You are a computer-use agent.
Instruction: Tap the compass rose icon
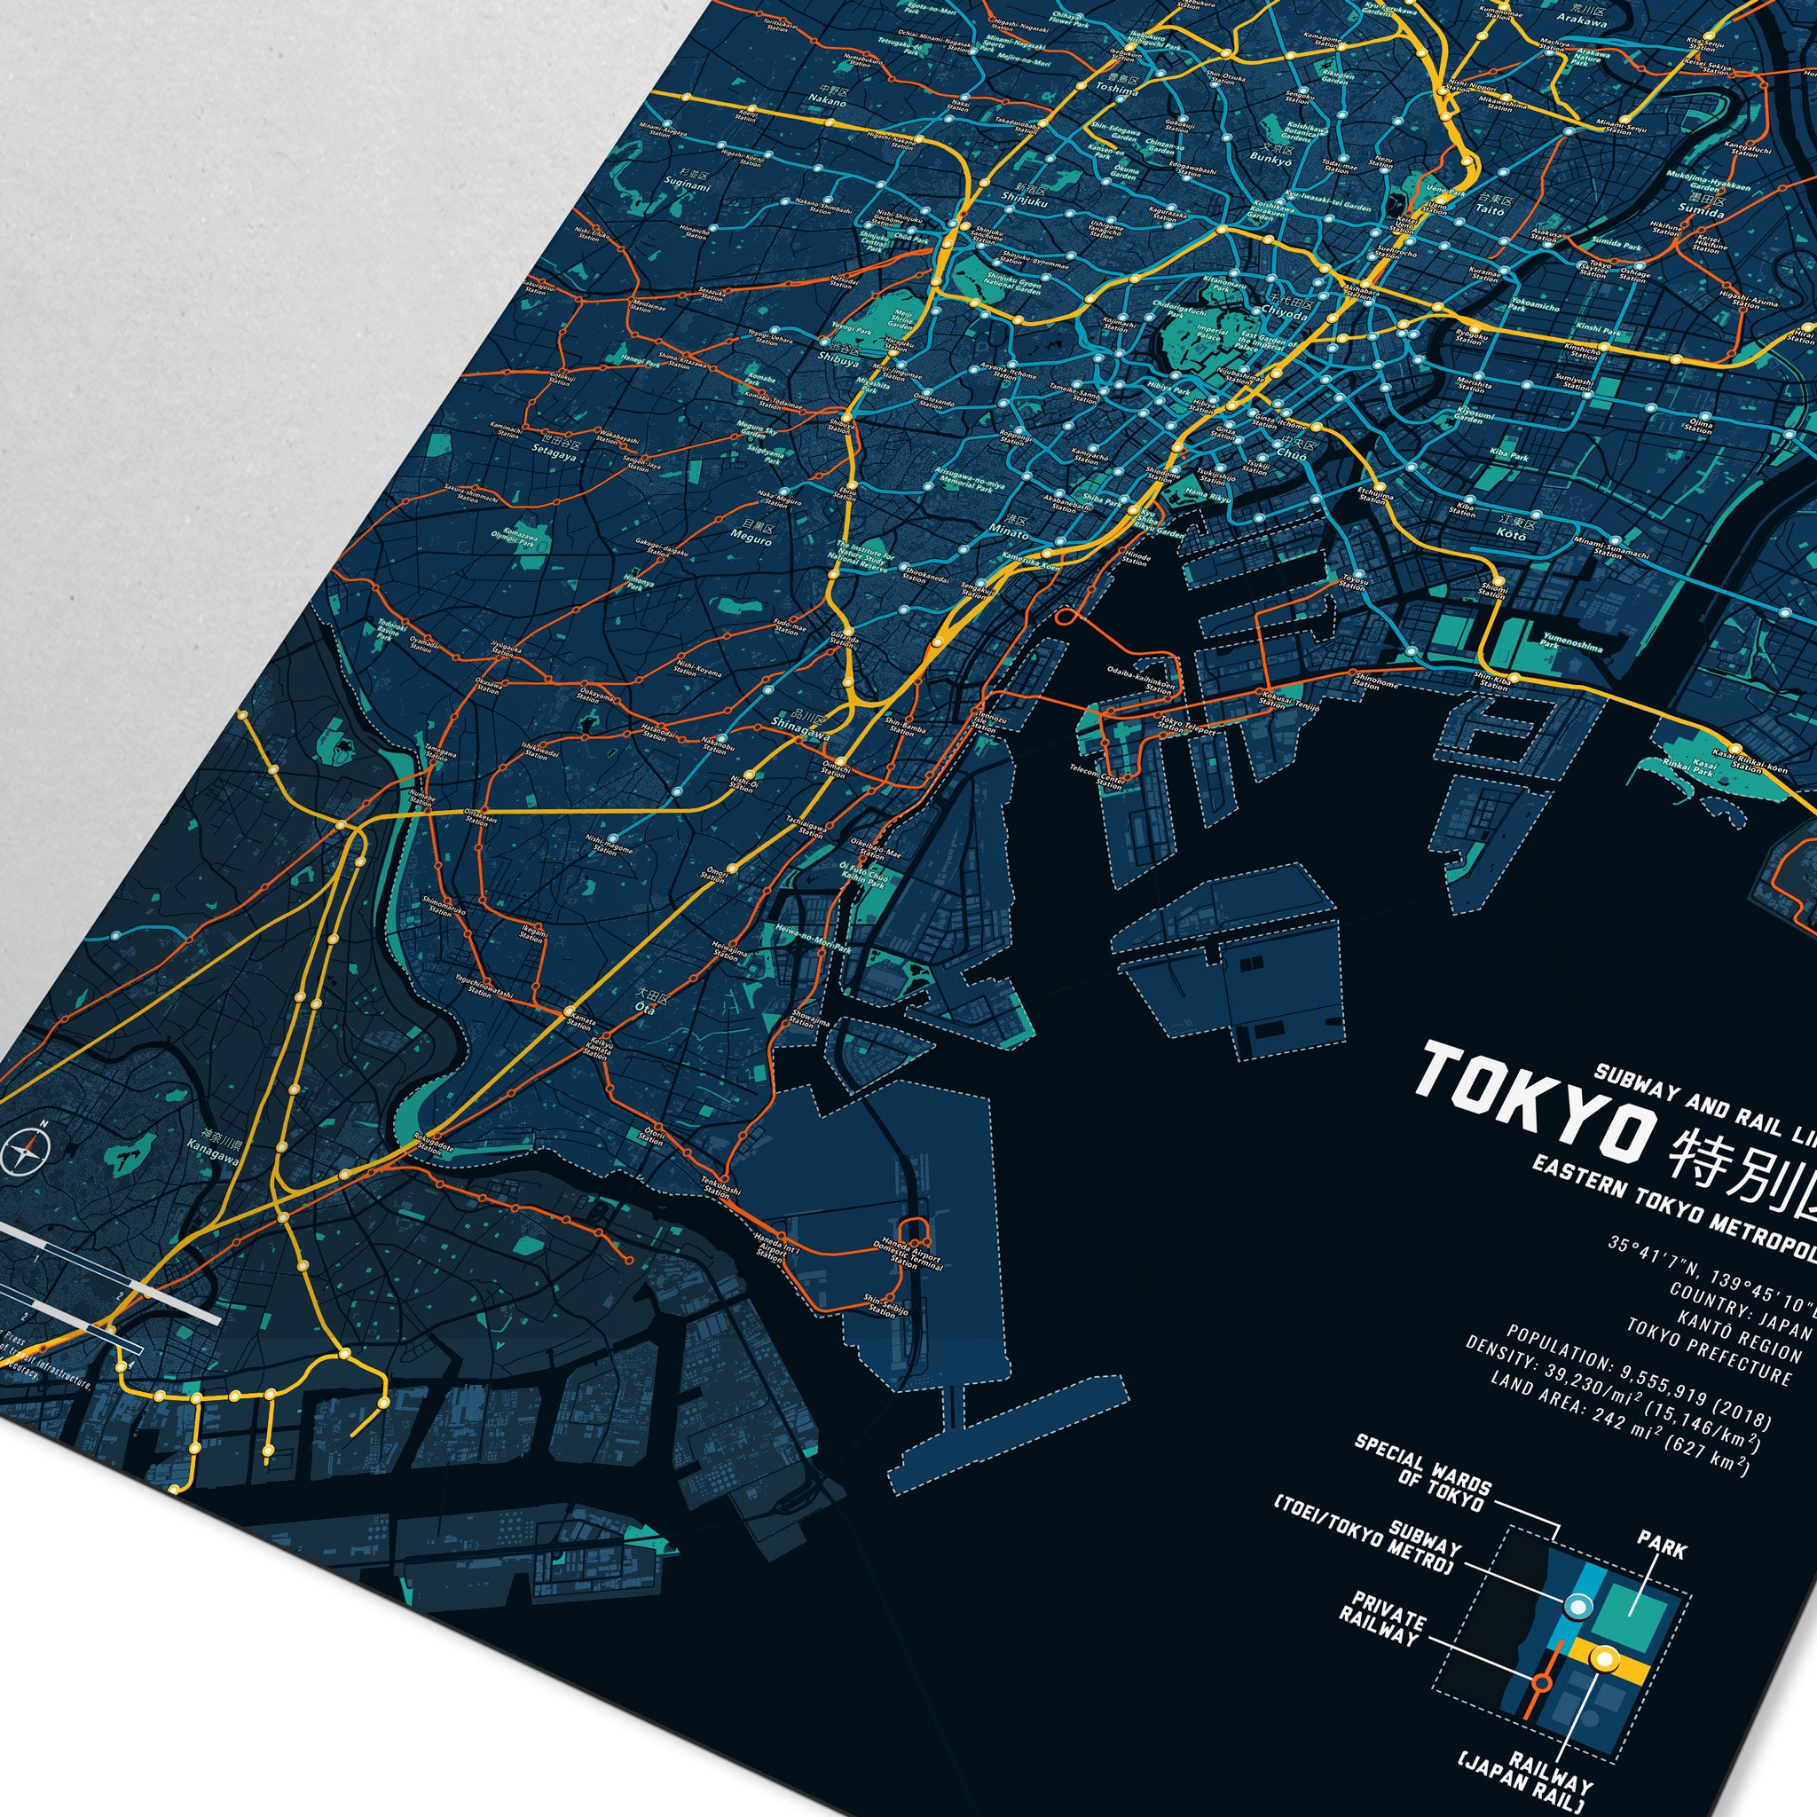(26, 1150)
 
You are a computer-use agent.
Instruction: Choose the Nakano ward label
(828, 97)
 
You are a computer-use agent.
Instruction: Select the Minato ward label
(1008, 527)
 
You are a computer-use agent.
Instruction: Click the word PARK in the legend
(1662, 1545)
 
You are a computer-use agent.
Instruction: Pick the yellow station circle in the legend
(1604, 1661)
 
